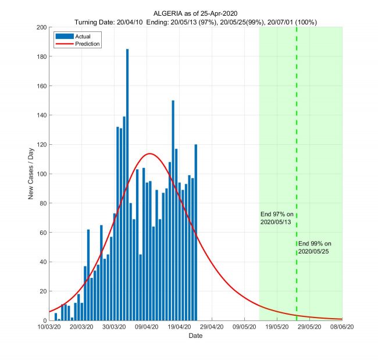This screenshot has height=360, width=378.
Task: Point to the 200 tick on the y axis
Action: [x=41, y=27]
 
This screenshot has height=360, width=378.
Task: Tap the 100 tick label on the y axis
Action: [x=41, y=174]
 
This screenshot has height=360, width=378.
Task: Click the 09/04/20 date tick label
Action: [x=147, y=327]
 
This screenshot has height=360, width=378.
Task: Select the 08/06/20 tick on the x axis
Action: [x=342, y=327]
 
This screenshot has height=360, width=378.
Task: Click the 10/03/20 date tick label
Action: [x=49, y=327]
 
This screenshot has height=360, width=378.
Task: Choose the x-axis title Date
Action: [x=195, y=336]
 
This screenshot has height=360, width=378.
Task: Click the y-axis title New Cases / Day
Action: [x=31, y=174]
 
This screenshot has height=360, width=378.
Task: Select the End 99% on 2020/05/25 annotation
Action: [x=315, y=247]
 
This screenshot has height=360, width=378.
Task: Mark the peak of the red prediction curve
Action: [x=149, y=154]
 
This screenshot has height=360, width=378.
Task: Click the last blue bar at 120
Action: [x=196, y=233]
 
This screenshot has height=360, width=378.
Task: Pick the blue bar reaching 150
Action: [x=173, y=209]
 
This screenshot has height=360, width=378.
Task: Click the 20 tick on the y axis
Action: [x=42, y=291]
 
